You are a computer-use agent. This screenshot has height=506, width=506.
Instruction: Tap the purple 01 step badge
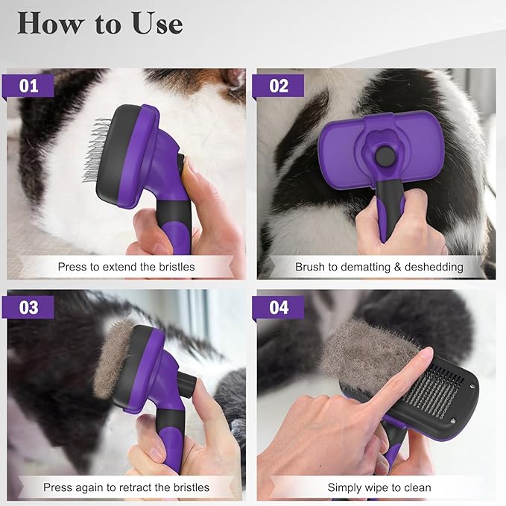pyautogui.click(x=30, y=86)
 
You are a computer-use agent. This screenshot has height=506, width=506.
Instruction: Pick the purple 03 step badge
pyautogui.click(x=30, y=307)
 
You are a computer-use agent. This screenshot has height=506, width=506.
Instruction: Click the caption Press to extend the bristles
pyautogui.click(x=126, y=266)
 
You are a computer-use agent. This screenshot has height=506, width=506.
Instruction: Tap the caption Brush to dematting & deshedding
pyautogui.click(x=379, y=266)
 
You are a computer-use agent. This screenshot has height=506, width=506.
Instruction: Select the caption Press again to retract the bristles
pyautogui.click(x=126, y=487)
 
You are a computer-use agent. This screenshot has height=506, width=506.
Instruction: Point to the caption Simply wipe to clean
pyautogui.click(x=379, y=487)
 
